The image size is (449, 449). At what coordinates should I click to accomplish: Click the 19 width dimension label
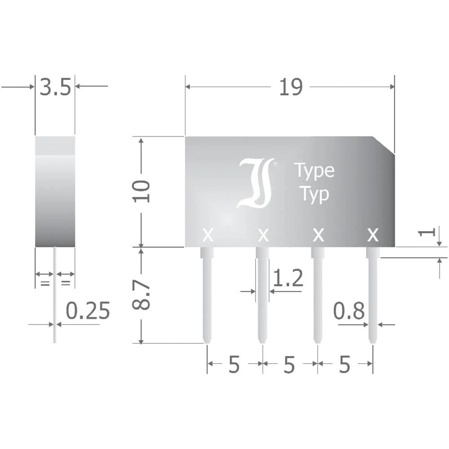pos(291,87)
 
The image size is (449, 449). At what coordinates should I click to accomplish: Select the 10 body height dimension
pos(141,191)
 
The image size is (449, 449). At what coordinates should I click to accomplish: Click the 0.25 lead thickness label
pos(88,311)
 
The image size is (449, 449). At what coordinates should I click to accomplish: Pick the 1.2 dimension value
pos(288,278)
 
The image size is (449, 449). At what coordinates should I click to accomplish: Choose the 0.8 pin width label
pos(349,311)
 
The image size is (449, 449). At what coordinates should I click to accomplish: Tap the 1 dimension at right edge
pos(427,232)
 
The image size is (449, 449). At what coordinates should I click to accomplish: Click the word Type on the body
pos(314,171)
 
